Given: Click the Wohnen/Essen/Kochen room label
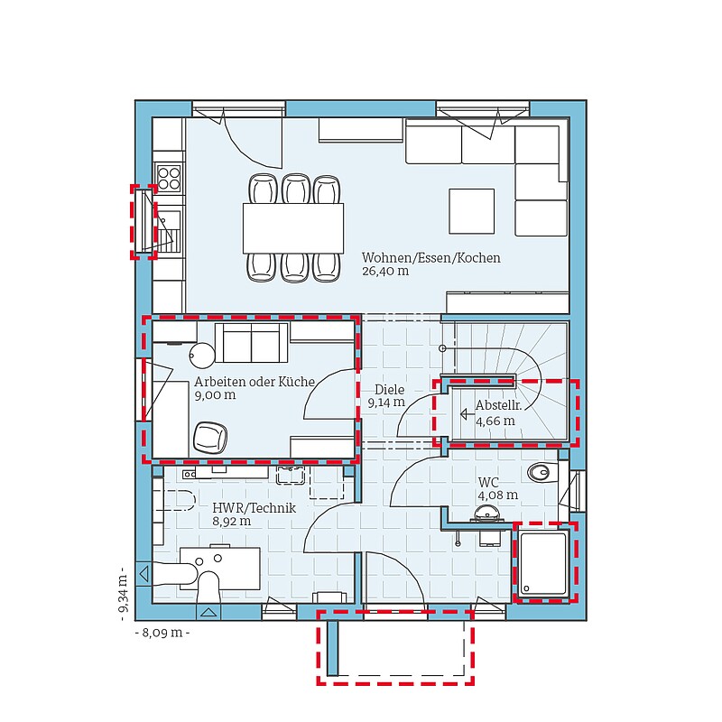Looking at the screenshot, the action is point(431,258).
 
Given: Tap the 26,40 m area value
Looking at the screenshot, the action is point(385,272).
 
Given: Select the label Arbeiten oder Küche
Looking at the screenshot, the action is point(255,382).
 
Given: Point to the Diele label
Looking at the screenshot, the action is point(390,390).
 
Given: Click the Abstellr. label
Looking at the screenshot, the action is point(499,405).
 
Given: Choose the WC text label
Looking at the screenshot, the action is point(488,483).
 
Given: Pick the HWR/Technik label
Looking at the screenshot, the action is point(255,508).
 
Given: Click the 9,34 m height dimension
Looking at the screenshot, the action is point(124,594).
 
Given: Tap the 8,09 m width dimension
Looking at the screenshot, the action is point(162,633).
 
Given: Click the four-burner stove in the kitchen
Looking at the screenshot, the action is point(169,179).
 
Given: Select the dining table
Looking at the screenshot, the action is point(293,228).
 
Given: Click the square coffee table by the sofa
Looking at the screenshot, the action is point(471,211).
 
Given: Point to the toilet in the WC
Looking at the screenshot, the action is point(543,472).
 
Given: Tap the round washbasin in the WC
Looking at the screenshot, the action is point(487,513).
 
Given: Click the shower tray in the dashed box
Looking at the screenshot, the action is point(543,563).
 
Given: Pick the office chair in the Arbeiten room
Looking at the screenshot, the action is point(210,438).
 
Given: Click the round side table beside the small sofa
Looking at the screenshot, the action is point(202,355).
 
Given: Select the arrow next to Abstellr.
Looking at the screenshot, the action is point(467,414).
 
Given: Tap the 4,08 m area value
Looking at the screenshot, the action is point(498,495).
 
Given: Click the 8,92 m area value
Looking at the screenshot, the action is point(232,522).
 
